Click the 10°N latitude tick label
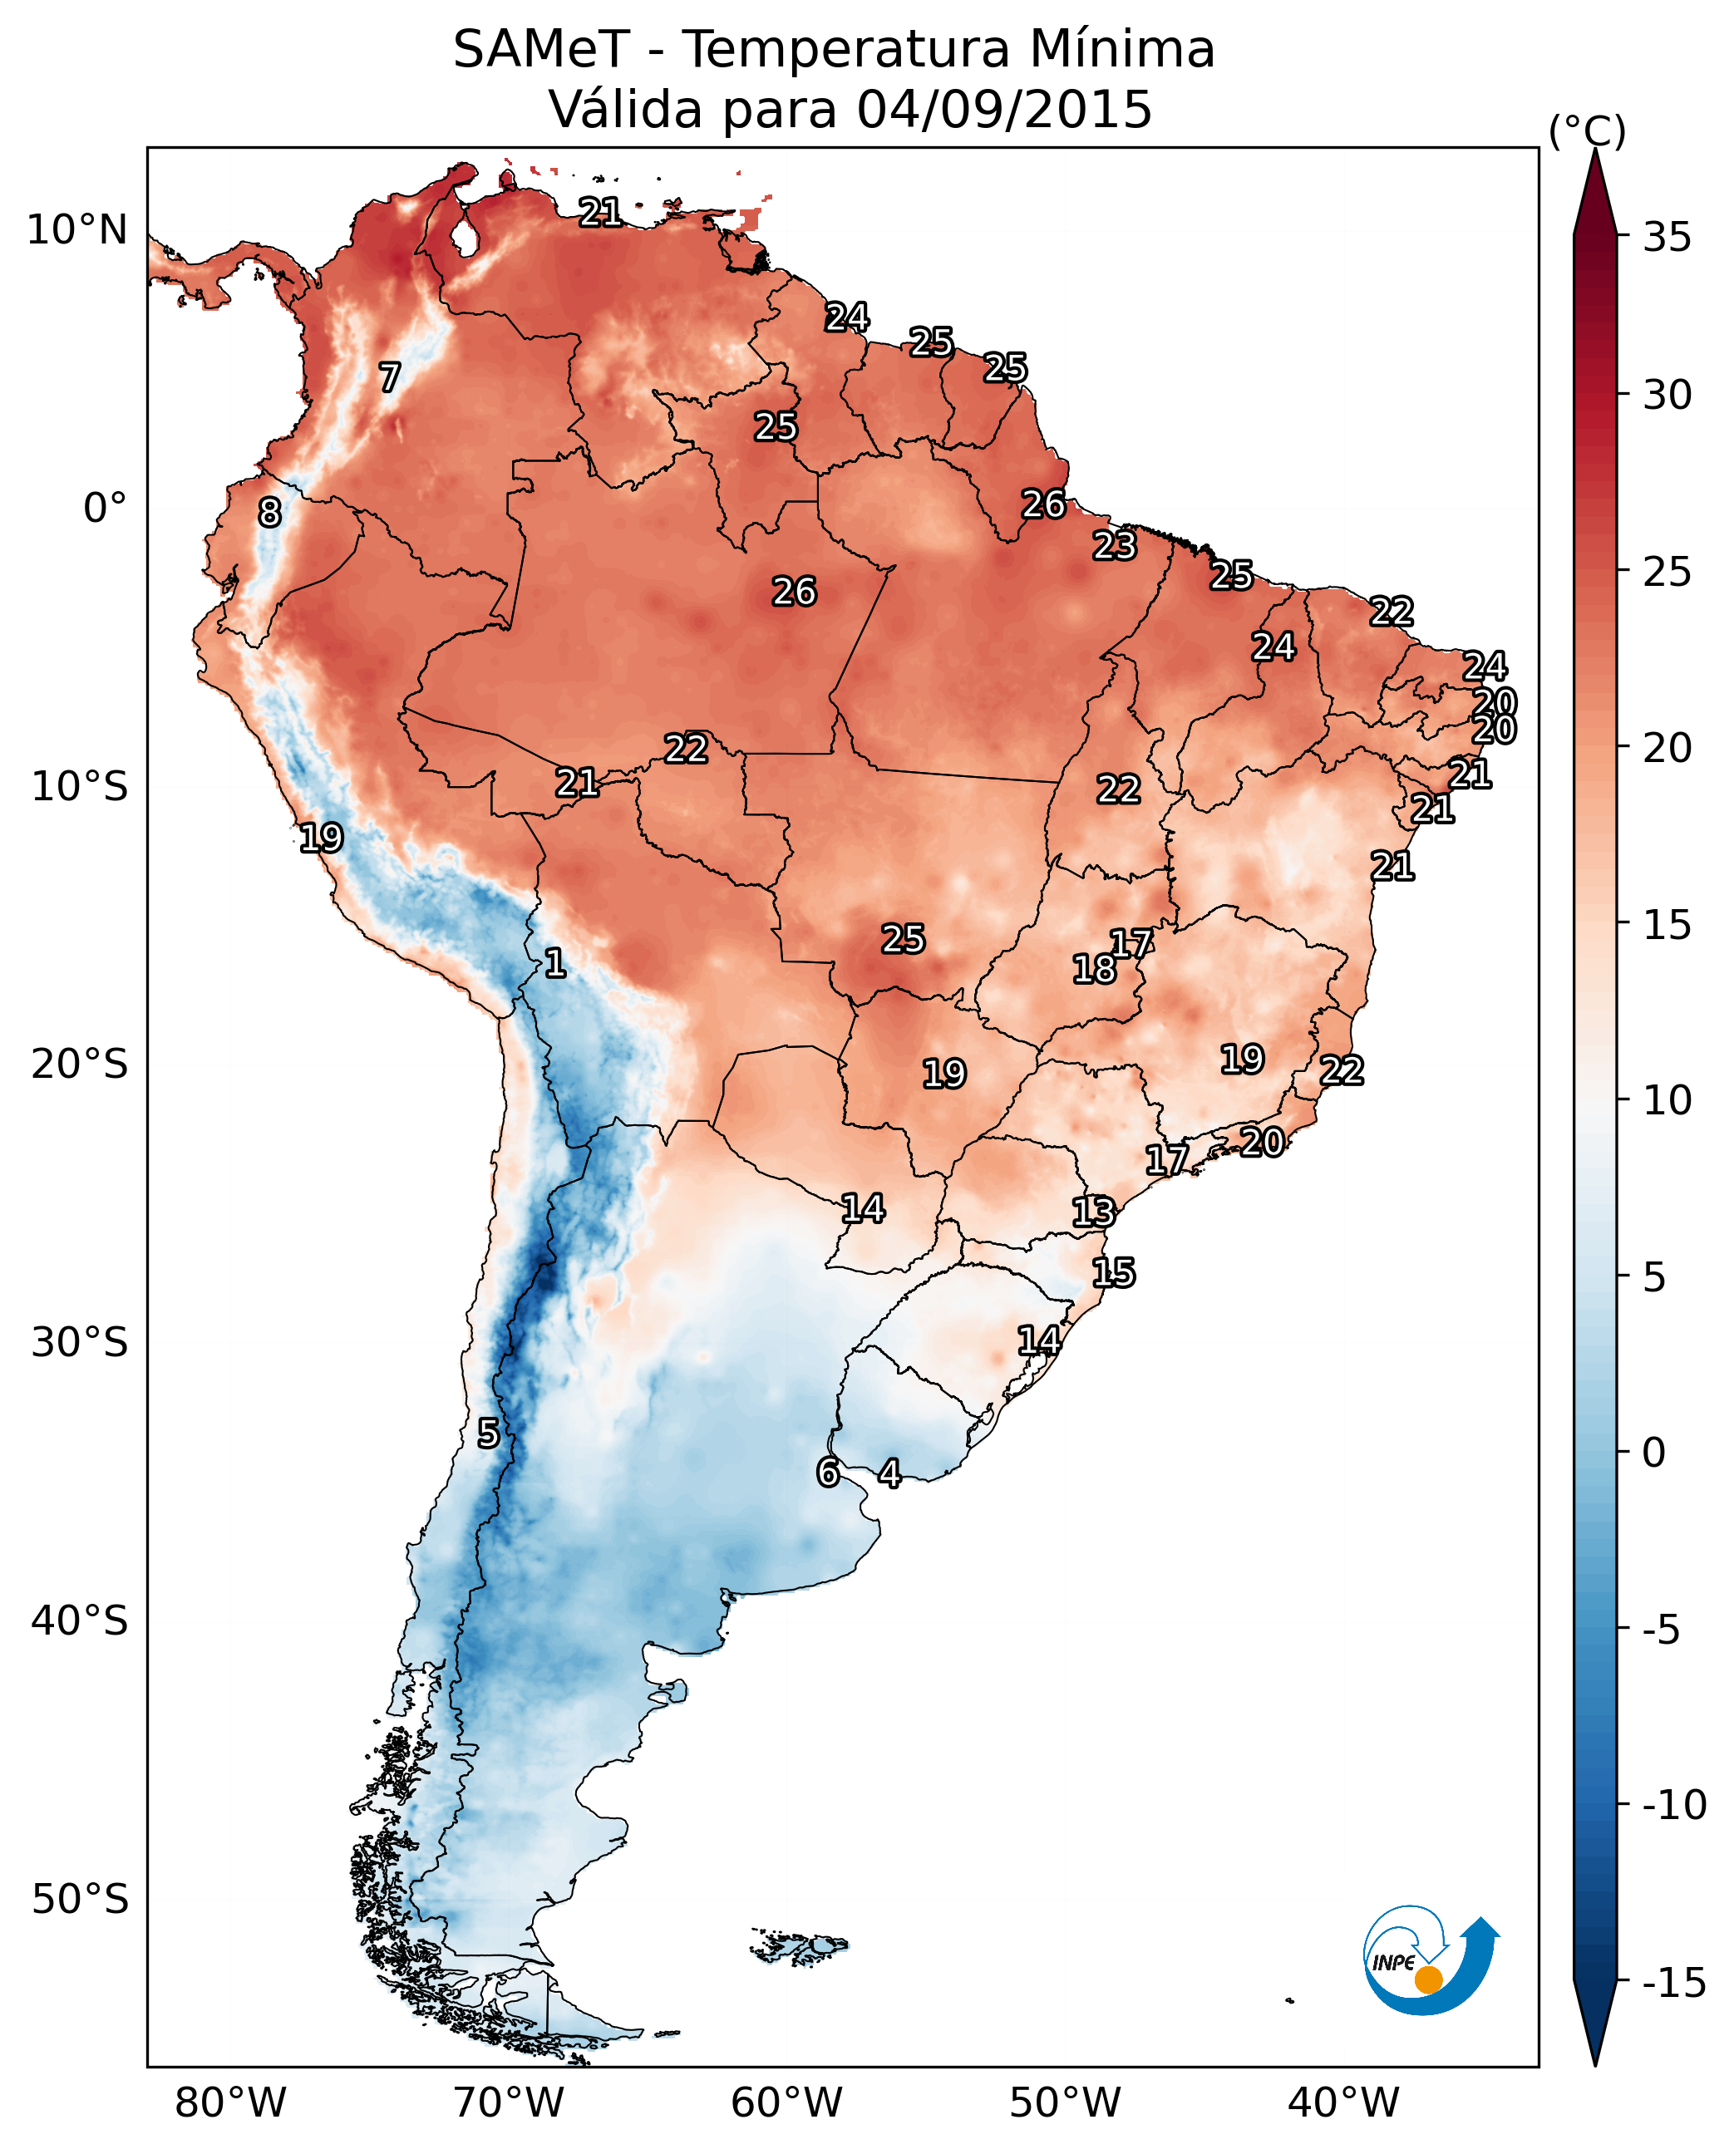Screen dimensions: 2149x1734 point(77,231)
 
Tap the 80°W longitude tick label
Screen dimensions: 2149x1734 point(231,2102)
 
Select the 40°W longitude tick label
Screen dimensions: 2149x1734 point(1343,2102)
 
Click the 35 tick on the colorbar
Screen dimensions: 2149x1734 point(1667,238)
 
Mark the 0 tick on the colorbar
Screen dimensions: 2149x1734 point(1654,1452)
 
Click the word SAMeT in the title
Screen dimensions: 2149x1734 point(540,50)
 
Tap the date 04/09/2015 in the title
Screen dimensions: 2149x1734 point(1005,110)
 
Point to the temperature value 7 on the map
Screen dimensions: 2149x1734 point(390,377)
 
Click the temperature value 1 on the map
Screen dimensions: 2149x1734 point(555,964)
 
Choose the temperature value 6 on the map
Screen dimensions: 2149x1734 point(828,1472)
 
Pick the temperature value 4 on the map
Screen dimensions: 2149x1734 point(889,1473)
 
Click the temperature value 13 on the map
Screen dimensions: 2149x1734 point(1094,1212)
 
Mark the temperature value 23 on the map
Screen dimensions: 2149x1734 point(1115,545)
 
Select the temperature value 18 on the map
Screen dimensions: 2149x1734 point(1094,969)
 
